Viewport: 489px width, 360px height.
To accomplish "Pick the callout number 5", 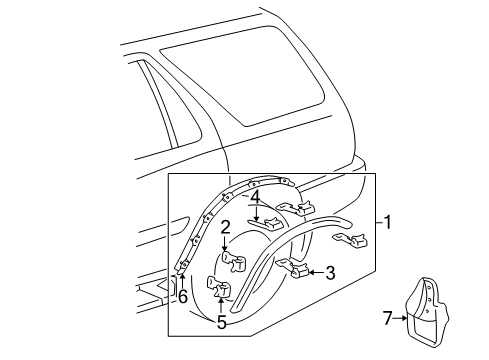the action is point(221,322).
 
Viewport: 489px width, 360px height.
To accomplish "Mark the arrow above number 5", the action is point(221,304).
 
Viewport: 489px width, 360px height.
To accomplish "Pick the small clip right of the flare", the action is point(359,267).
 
